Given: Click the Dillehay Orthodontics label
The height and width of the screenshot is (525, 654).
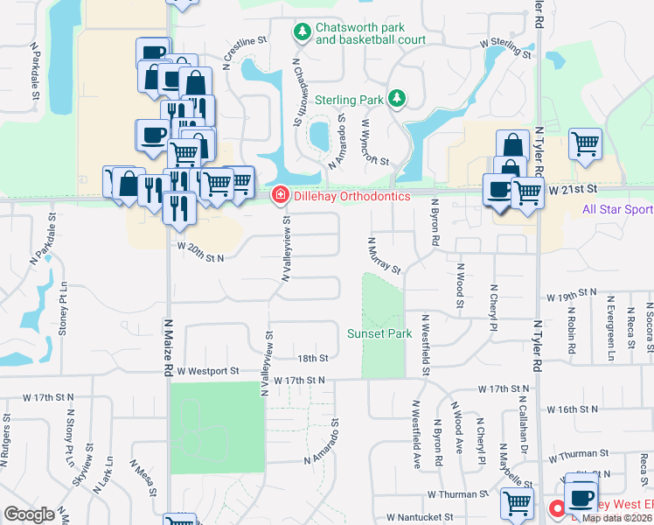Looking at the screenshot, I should [x=351, y=196].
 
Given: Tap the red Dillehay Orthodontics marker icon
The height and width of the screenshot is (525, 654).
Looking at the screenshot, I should [x=281, y=194].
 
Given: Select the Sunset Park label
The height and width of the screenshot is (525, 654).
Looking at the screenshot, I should [x=379, y=333].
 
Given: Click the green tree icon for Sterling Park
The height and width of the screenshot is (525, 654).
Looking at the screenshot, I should [x=396, y=96].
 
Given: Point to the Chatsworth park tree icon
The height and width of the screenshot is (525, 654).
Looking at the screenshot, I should [x=302, y=31].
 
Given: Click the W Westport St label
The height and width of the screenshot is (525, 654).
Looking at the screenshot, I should [x=207, y=371].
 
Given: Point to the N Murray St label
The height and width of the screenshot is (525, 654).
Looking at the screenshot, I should [x=384, y=255].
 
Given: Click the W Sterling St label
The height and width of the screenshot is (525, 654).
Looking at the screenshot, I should [x=505, y=47].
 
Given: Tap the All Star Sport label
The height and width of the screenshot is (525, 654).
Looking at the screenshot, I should [x=617, y=209].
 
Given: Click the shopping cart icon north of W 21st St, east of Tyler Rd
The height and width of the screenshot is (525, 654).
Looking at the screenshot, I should [x=585, y=143].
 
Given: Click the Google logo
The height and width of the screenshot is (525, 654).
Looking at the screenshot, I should [x=30, y=514].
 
